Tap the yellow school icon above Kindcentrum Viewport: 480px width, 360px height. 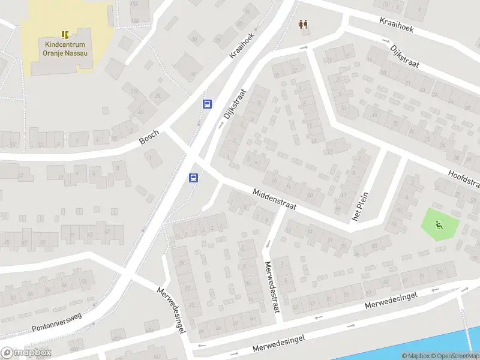(65, 35)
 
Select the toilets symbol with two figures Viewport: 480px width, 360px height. (304, 25)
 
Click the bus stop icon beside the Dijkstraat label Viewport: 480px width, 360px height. (207, 104)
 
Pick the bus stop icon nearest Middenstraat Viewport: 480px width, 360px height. (194, 178)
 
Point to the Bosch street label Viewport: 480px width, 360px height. (149, 137)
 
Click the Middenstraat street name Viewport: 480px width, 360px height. (275, 199)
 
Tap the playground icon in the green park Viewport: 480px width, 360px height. (439, 225)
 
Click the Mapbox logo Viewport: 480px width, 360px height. (26, 352)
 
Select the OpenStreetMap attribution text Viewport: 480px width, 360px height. (454, 356)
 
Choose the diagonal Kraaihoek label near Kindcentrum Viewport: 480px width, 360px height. (242, 45)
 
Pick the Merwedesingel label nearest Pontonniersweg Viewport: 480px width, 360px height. (170, 310)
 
